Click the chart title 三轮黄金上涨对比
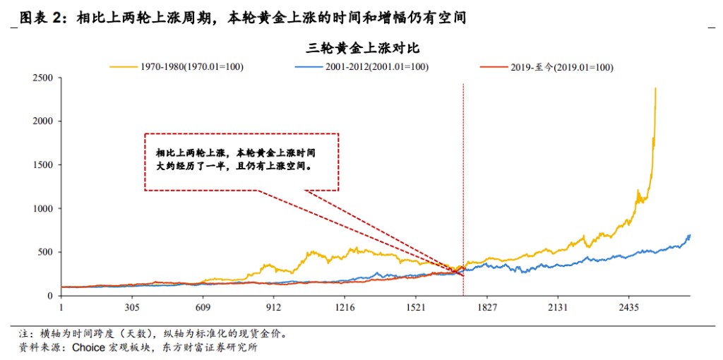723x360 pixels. (x=364, y=49)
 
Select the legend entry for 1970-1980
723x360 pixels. (x=191, y=67)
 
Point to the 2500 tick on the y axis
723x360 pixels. (x=43, y=78)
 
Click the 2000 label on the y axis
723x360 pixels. (x=43, y=121)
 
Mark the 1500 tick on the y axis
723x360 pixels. (x=43, y=165)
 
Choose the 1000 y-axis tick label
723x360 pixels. (x=43, y=209)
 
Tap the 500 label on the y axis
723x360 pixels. (x=46, y=253)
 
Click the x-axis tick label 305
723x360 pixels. (x=132, y=308)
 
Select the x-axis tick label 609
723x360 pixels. (x=203, y=308)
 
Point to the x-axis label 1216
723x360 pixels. (x=345, y=308)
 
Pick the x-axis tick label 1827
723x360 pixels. (x=487, y=308)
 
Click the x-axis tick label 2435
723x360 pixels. (x=629, y=308)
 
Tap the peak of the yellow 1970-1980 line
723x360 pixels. (x=656, y=88)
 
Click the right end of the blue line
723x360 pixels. (x=689, y=235)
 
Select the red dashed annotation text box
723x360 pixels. (x=241, y=161)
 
